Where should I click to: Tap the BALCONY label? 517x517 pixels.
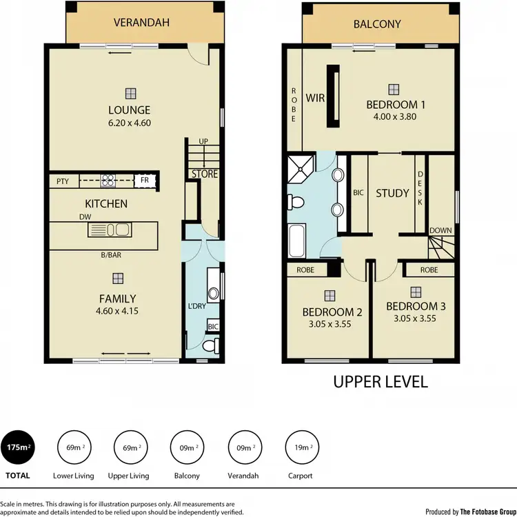[377, 24]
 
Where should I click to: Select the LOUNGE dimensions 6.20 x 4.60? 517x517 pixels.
[129, 123]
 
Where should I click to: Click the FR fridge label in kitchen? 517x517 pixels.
[145, 181]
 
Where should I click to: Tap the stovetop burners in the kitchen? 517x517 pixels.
[108, 181]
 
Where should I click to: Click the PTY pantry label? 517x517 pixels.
[63, 181]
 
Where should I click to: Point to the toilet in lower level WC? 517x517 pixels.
[211, 345]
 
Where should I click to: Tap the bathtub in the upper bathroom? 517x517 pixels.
[298, 239]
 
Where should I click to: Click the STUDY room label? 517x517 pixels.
[392, 194]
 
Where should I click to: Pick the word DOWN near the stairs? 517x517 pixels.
[440, 230]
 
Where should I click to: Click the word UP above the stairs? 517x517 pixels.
[203, 141]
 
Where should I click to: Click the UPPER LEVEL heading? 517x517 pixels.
[381, 381]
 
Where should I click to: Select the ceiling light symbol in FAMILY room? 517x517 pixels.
[119, 278]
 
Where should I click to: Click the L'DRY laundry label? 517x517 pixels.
[197, 305]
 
